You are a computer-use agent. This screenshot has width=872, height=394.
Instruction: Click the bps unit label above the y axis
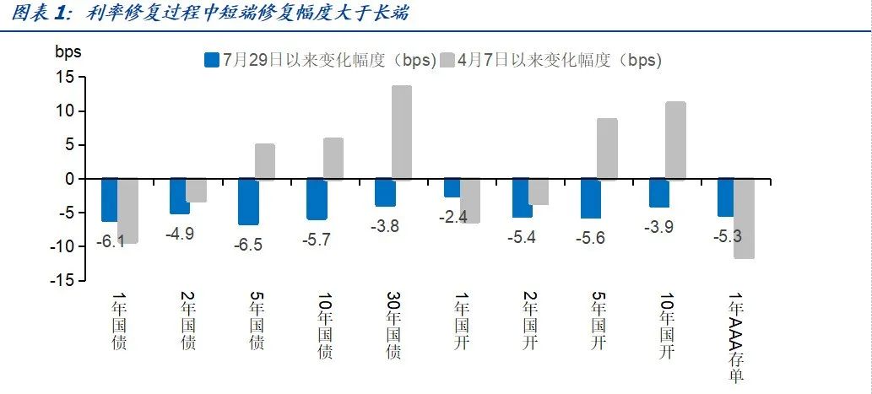click(x=68, y=51)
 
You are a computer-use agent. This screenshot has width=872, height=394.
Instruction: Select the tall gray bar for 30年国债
click(x=402, y=132)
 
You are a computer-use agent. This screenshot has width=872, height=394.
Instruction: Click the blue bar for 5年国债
click(x=248, y=202)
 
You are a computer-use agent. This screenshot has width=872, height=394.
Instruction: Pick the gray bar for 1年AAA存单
click(x=744, y=219)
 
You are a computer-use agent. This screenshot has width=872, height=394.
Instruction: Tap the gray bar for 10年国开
click(x=675, y=141)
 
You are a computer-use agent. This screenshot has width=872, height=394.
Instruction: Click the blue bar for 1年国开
click(x=452, y=187)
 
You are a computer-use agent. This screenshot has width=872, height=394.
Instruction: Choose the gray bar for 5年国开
click(x=607, y=149)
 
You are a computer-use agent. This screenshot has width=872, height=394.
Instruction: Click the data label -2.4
click(x=454, y=217)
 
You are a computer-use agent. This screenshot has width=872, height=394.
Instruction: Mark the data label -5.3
click(x=728, y=236)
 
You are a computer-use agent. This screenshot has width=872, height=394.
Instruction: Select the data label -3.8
click(x=385, y=226)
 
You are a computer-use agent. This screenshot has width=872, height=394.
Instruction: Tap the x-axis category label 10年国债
click(x=324, y=325)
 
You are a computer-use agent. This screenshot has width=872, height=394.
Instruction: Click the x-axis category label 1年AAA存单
click(x=736, y=337)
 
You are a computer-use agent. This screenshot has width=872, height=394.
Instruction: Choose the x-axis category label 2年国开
click(x=529, y=321)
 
